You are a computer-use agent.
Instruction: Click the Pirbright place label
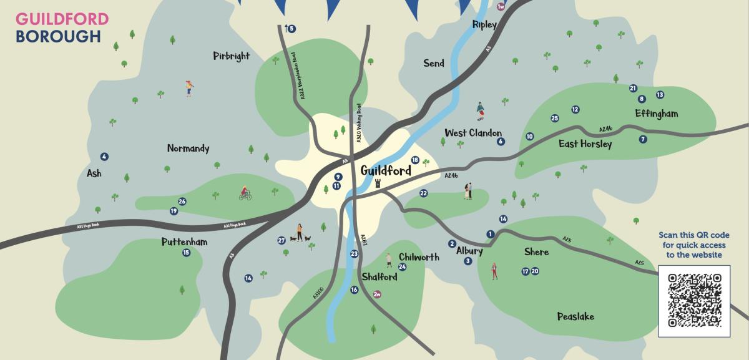[231, 56]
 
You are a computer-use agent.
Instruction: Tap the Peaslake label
[575, 317]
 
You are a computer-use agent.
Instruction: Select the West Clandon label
[472, 133]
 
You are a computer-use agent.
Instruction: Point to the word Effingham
[656, 114]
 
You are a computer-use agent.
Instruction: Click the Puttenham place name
[184, 242]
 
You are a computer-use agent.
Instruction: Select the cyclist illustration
[245, 194]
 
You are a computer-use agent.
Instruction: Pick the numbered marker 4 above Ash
[104, 157]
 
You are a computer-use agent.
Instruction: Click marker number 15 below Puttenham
[186, 253]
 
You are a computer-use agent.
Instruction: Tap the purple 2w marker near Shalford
[376, 294]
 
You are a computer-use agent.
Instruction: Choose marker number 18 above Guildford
[415, 160]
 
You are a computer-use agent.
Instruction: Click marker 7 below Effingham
[643, 139]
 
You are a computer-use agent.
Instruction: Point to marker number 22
[423, 193]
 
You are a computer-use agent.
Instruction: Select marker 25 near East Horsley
[554, 118]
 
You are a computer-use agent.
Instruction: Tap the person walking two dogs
[300, 233]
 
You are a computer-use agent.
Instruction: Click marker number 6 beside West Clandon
[501, 142]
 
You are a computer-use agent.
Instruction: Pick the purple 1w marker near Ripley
[500, 6]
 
